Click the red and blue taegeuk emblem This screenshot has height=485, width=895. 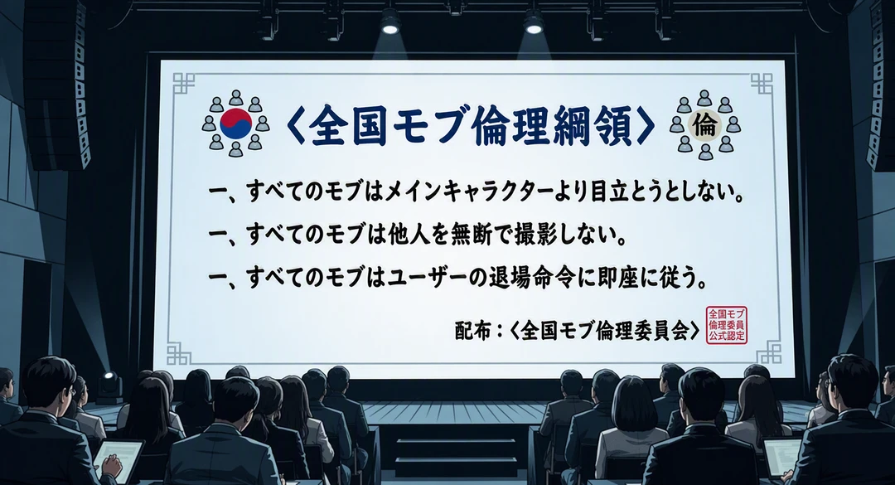tap(235, 124)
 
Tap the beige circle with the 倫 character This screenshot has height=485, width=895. tap(705, 124)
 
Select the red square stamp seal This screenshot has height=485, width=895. tap(726, 324)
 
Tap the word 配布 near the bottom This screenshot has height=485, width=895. tap(472, 330)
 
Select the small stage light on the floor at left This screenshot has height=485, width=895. tap(109, 386)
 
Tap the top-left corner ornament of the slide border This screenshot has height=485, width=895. tap(184, 84)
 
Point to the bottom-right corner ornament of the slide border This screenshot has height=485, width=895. tap(769, 352)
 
